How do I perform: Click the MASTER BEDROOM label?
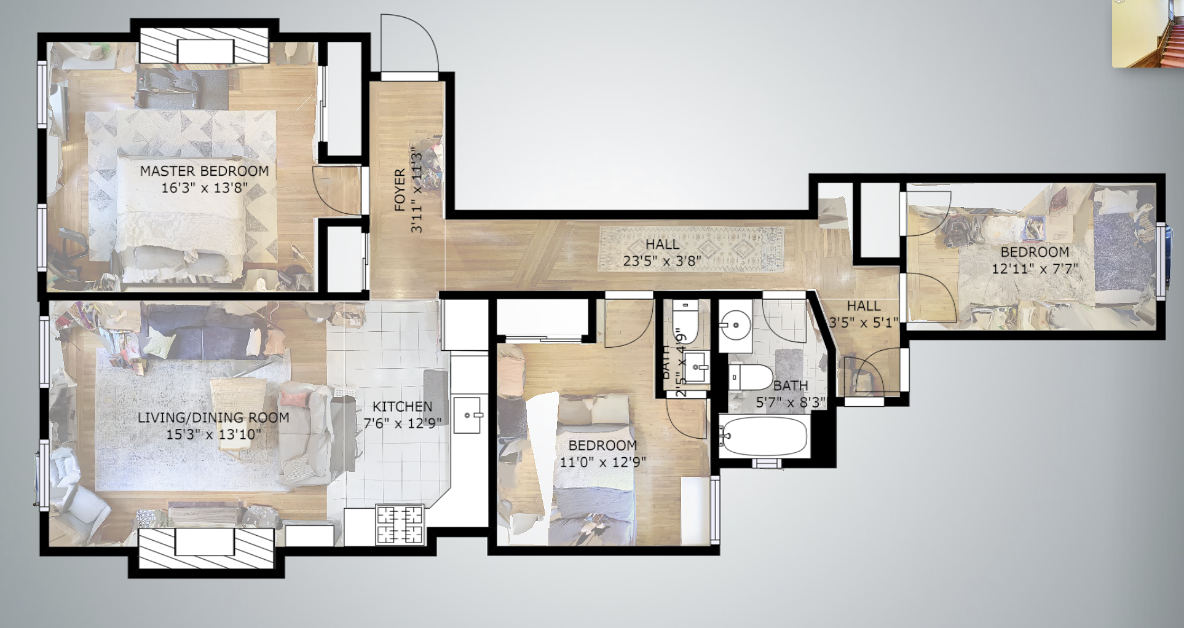tap(204, 171)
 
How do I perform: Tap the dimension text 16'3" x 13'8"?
tap(204, 188)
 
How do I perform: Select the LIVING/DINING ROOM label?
tap(213, 418)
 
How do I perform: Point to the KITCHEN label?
tap(402, 407)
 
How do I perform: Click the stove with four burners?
tap(400, 524)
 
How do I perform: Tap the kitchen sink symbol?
tap(467, 415)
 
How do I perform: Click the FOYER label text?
tap(400, 190)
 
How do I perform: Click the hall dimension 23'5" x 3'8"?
tap(661, 261)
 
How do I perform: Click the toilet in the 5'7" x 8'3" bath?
tap(750, 377)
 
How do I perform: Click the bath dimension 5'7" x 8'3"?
tap(791, 402)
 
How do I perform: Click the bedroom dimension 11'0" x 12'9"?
tap(602, 461)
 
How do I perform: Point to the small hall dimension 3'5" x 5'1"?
tap(863, 322)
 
